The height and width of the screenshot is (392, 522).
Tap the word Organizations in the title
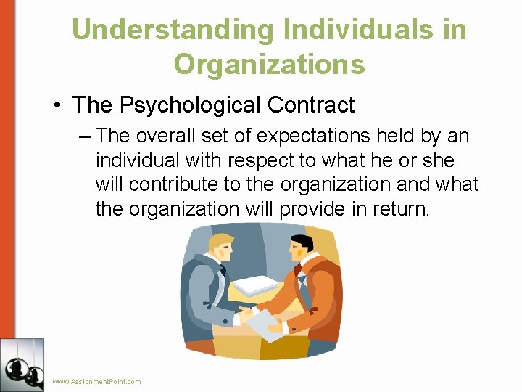269,64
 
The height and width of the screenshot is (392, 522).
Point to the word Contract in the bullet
311,105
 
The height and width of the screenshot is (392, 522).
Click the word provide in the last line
326,209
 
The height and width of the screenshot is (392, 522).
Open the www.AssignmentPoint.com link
96,381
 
